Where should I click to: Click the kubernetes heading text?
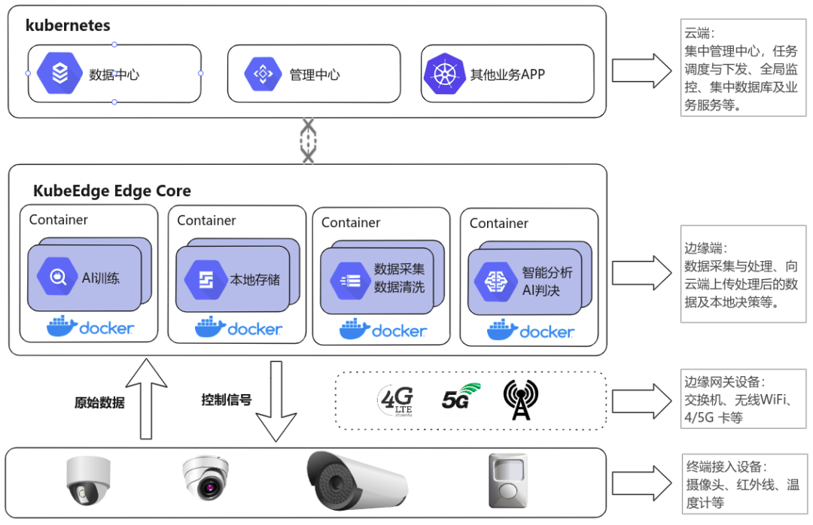[68, 26]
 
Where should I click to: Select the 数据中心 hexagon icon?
[59, 73]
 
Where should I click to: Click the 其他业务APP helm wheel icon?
[442, 74]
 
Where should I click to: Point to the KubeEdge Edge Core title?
[111, 191]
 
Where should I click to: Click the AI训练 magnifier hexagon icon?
[58, 277]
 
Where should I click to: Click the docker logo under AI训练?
[90, 327]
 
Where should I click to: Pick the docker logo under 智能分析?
[531, 330]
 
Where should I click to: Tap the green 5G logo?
[460, 396]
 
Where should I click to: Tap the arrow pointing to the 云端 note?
[641, 71]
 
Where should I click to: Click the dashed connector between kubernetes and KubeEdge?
[308, 141]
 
